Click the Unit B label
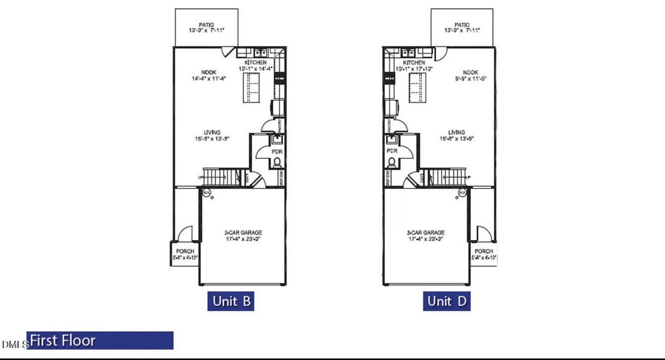click(231, 301)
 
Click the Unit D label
click(446, 301)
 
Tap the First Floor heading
click(63, 341)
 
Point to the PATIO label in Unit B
click(206, 25)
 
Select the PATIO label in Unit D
click(462, 25)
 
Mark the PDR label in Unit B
click(276, 152)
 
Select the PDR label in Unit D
click(393, 152)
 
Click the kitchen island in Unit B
click(252, 91)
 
